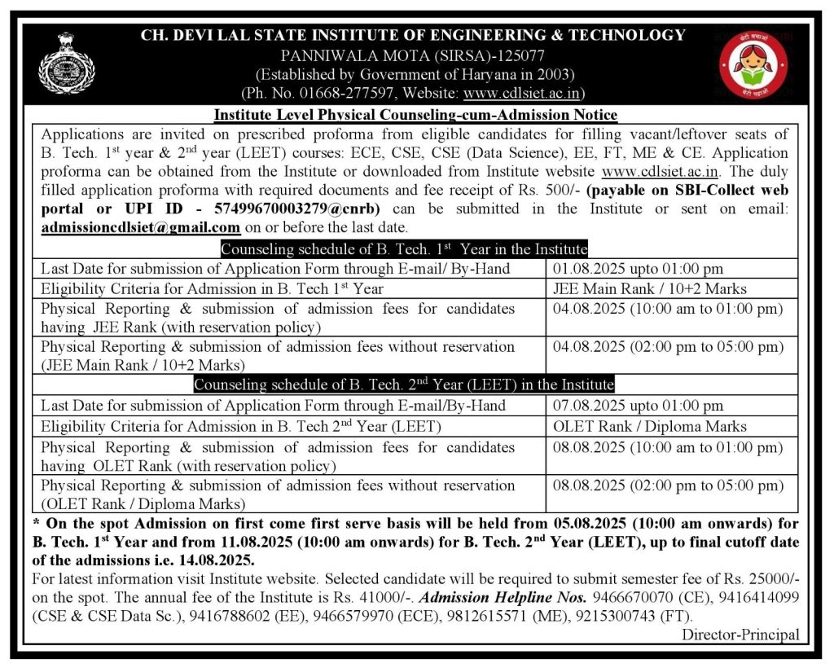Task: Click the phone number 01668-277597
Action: pyautogui.click(x=353, y=93)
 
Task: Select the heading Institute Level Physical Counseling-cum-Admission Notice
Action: pyautogui.click(x=415, y=114)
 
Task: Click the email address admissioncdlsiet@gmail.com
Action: pyautogui.click(x=141, y=227)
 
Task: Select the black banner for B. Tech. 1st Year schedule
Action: pyautogui.click(x=404, y=248)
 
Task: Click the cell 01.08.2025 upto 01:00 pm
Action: pyautogui.click(x=638, y=268)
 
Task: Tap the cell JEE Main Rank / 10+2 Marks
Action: pyautogui.click(x=649, y=288)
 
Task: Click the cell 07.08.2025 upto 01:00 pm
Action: pyautogui.click(x=638, y=405)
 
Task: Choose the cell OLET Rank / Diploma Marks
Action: pyautogui.click(x=649, y=425)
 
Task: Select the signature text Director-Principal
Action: pyautogui.click(x=740, y=635)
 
